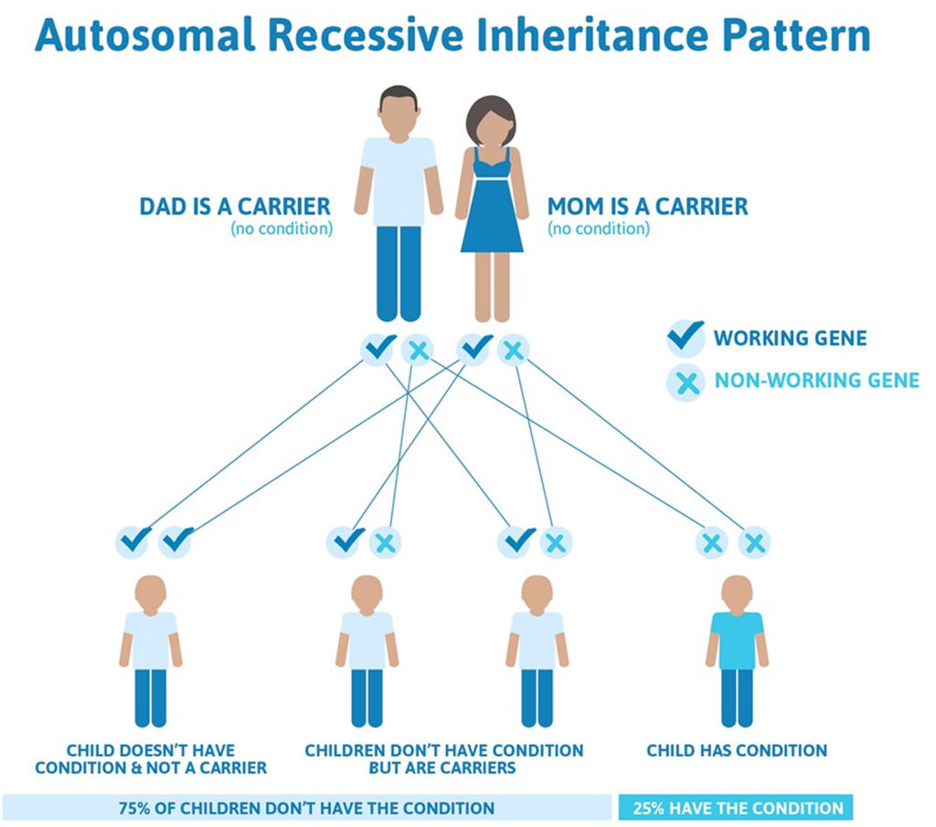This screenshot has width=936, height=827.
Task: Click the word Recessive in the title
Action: pyautogui.click(x=365, y=35)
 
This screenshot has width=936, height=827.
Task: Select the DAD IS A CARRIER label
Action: pyautogui.click(x=235, y=207)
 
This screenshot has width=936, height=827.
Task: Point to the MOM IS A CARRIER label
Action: pyautogui.click(x=647, y=207)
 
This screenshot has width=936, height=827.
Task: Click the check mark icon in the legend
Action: pyautogui.click(x=686, y=337)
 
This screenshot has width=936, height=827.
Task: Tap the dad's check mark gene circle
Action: pyautogui.click(x=378, y=348)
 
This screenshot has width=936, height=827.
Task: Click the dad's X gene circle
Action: pyautogui.click(x=418, y=350)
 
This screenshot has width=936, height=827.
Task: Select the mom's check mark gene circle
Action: pyautogui.click(x=475, y=348)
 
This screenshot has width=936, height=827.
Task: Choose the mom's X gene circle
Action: pyautogui.click(x=514, y=350)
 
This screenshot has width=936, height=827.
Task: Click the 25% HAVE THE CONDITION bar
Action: pyautogui.click(x=736, y=808)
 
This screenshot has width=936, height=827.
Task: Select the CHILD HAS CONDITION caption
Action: pyautogui.click(x=737, y=750)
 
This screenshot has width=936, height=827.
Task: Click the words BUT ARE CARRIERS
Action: pyautogui.click(x=442, y=768)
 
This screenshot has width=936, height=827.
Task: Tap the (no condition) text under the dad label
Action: pyautogui.click(x=282, y=228)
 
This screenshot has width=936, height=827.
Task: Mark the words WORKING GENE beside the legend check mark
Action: pyautogui.click(x=791, y=338)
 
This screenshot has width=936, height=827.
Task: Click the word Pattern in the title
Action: pyautogui.click(x=796, y=35)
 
